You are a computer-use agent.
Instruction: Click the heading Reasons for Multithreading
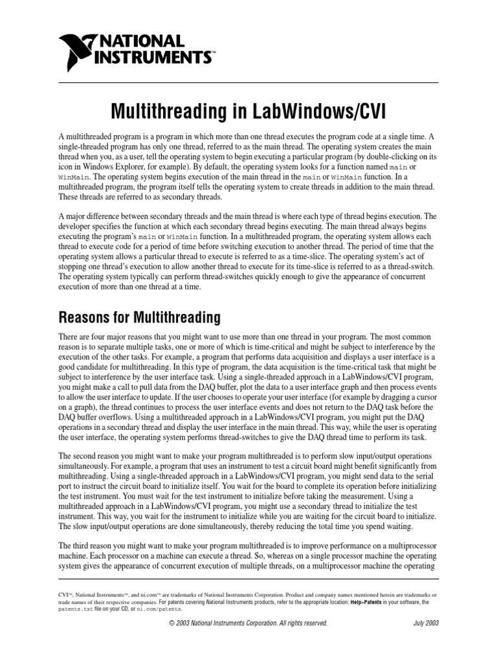click(x=140, y=318)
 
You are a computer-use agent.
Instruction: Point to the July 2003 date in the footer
click(x=426, y=623)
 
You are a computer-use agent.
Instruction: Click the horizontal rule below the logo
click(x=248, y=82)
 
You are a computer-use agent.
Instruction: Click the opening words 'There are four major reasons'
click(x=104, y=337)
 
